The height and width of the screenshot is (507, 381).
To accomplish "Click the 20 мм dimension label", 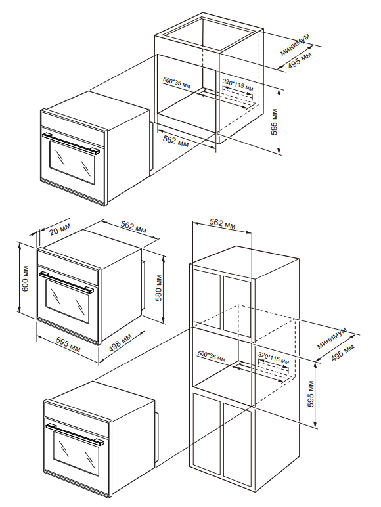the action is pyautogui.click(x=60, y=229).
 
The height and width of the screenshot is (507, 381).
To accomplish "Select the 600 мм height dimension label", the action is pyautogui.click(x=26, y=278).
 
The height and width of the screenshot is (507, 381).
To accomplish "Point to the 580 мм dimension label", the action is pyautogui.click(x=160, y=288).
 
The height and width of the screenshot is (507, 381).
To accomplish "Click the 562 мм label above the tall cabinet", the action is pyautogui.click(x=222, y=224).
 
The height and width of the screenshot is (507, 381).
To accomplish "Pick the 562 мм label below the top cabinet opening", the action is pyautogui.click(x=175, y=141).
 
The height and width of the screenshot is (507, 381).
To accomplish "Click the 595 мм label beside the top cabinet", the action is pyautogui.click(x=275, y=122).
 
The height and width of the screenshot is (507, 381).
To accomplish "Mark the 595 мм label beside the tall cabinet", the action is pyautogui.click(x=311, y=394).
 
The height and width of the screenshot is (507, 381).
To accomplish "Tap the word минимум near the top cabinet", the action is pyautogui.click(x=295, y=44).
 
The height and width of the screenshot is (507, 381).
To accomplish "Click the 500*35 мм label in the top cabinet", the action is pyautogui.click(x=177, y=83).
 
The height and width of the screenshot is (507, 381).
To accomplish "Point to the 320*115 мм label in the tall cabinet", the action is pyautogui.click(x=274, y=357).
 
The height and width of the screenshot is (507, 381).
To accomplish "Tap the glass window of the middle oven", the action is pyautogui.click(x=67, y=301).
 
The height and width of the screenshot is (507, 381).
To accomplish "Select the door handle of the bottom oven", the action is pyautogui.click(x=76, y=432).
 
